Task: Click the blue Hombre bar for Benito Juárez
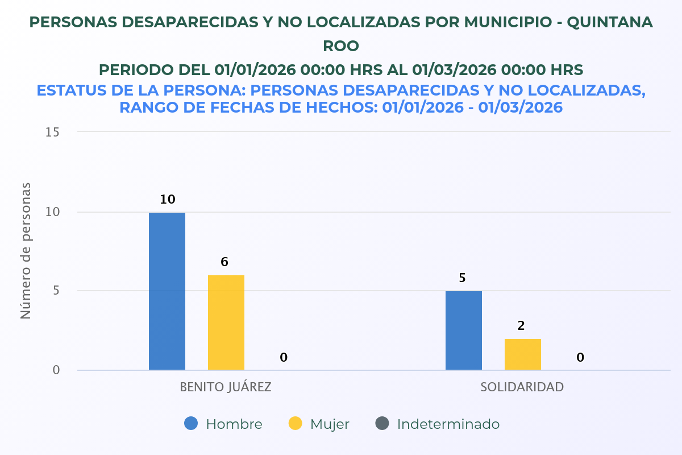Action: pyautogui.click(x=167, y=291)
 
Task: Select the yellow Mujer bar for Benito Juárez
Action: pyautogui.click(x=226, y=322)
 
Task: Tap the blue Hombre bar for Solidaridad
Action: pyautogui.click(x=464, y=330)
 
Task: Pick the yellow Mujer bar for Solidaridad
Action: pyautogui.click(x=523, y=354)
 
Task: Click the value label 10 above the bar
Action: pyautogui.click(x=167, y=200)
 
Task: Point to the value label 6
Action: pyautogui.click(x=224, y=262)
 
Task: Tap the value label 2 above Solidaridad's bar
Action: pyautogui.click(x=521, y=326)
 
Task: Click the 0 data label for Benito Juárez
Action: pyautogui.click(x=284, y=358)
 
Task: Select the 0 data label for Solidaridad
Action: pyautogui.click(x=580, y=358)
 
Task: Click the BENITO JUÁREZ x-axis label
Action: pyautogui.click(x=226, y=387)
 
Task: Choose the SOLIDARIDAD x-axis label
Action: pyautogui.click(x=522, y=387)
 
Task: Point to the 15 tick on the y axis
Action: pyautogui.click(x=53, y=132)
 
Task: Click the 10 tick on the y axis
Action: pyautogui.click(x=53, y=212)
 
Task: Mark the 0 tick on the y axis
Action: pyautogui.click(x=56, y=370)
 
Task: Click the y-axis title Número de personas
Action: pyautogui.click(x=26, y=251)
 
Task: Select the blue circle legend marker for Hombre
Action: pyautogui.click(x=192, y=424)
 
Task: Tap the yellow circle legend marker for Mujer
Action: pyautogui.click(x=296, y=424)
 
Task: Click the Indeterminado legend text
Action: pyautogui.click(x=448, y=424)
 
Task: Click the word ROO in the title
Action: pyautogui.click(x=341, y=45)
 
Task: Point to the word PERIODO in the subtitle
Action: pyautogui.click(x=135, y=70)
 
